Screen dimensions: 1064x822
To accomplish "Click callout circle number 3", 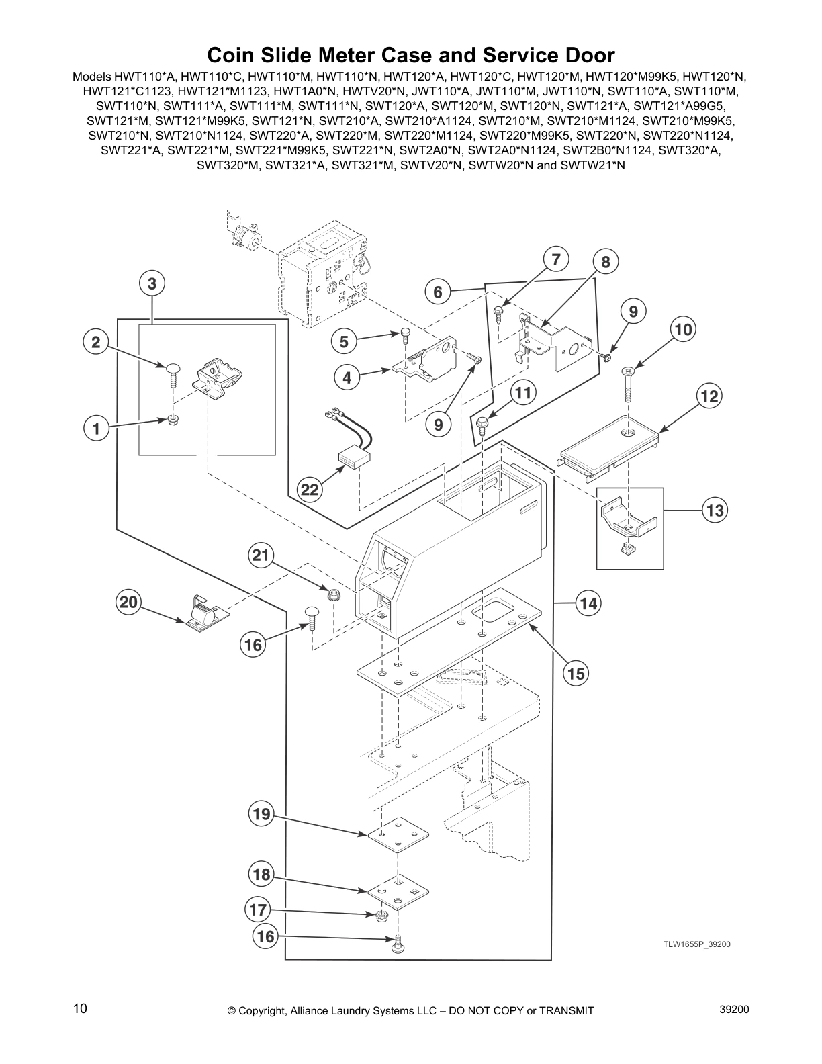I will pyautogui.click(x=152, y=283).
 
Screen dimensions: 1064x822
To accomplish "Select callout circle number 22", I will pyautogui.click(x=309, y=490).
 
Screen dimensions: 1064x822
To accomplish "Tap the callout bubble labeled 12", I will pyautogui.click(x=709, y=396).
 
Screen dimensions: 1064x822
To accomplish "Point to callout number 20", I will pyautogui.click(x=128, y=602).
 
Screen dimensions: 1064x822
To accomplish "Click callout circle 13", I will pyautogui.click(x=715, y=511).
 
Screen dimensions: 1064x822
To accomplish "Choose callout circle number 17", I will pyautogui.click(x=258, y=910).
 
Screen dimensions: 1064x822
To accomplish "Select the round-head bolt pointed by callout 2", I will pyautogui.click(x=173, y=372).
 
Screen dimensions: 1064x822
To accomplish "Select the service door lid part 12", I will pyautogui.click(x=610, y=443).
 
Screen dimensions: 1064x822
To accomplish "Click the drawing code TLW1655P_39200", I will pyautogui.click(x=696, y=944).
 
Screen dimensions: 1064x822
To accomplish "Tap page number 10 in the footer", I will pyautogui.click(x=80, y=1008).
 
